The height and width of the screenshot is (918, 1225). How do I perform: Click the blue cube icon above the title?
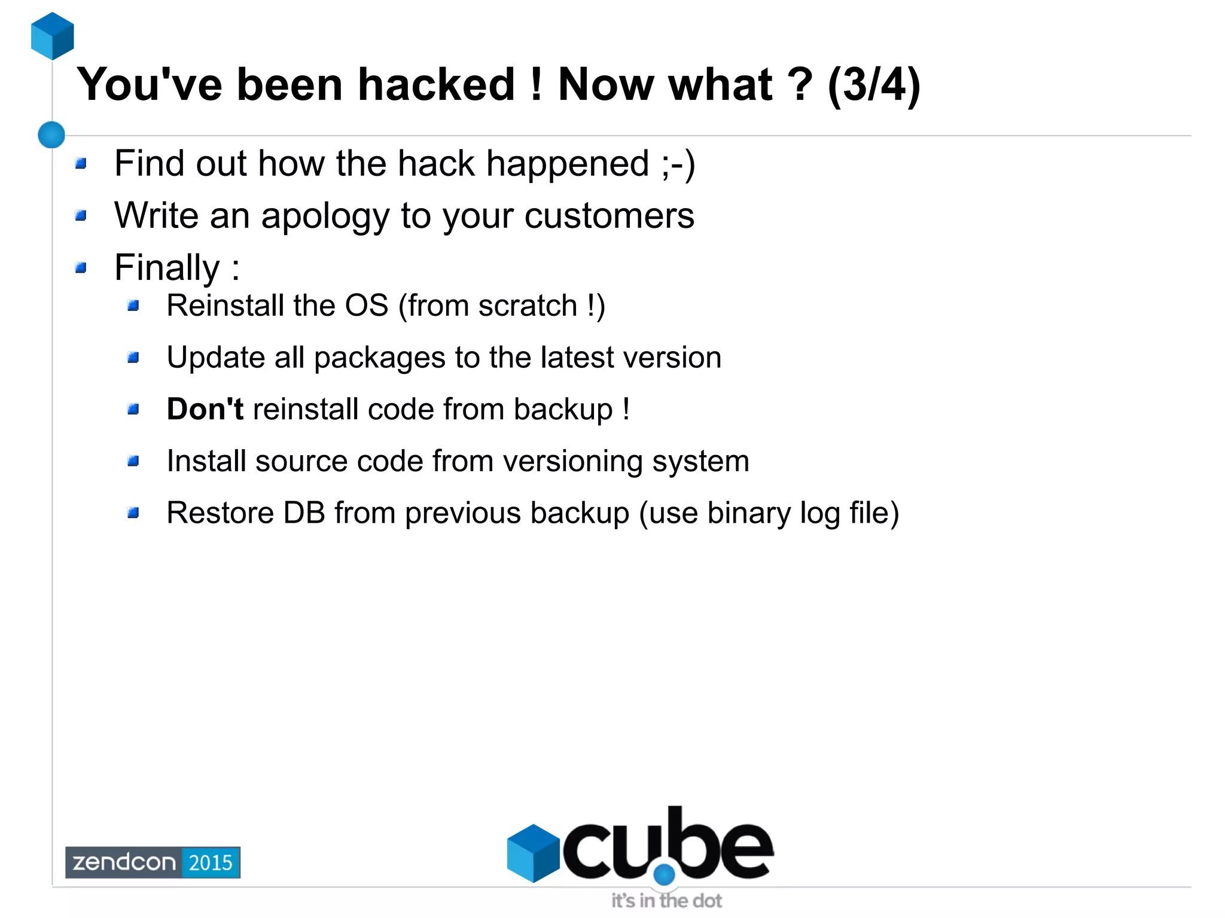click(x=53, y=36)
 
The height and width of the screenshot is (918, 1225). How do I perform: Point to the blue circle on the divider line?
click(x=51, y=135)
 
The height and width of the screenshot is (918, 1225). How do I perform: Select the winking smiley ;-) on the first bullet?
click(x=678, y=163)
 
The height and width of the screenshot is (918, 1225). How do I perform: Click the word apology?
click(x=325, y=216)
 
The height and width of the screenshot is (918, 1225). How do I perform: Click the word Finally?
click(x=167, y=267)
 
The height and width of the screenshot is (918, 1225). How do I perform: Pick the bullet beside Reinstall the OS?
click(x=133, y=306)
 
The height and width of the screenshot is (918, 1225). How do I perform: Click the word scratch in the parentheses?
click(x=527, y=306)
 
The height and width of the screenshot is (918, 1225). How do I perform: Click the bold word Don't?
click(x=205, y=410)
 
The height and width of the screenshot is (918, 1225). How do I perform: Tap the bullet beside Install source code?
click(x=133, y=461)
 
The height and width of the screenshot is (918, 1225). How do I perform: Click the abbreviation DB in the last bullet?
click(x=304, y=513)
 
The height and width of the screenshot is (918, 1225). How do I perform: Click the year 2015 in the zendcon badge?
click(x=211, y=862)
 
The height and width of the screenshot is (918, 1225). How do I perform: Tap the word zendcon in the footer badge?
click(x=124, y=862)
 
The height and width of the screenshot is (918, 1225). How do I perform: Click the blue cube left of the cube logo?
click(x=533, y=853)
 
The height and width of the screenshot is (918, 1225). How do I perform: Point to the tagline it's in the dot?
click(x=666, y=901)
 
